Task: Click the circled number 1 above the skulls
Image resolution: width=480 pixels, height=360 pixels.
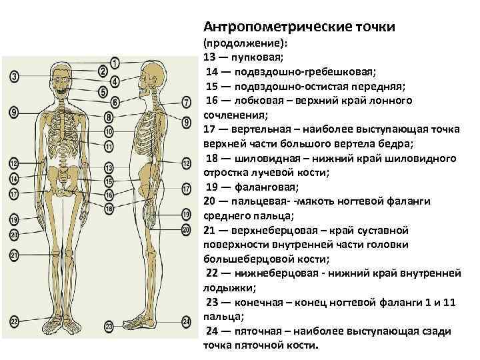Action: pos(115,63)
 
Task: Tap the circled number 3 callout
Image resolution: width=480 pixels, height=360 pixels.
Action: pos(15,77)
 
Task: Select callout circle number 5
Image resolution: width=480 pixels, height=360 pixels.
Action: pos(103,91)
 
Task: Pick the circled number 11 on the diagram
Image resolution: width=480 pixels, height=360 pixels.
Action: pos(109,145)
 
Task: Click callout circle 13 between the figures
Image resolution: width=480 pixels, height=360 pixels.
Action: pos(109,169)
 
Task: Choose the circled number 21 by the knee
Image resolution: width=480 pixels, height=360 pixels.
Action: pos(14,255)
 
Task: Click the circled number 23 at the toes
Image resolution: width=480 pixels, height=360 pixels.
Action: pos(109,326)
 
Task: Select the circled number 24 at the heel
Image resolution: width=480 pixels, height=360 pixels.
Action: pos(186,322)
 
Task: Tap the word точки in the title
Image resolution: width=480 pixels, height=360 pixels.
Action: pos(375,27)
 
